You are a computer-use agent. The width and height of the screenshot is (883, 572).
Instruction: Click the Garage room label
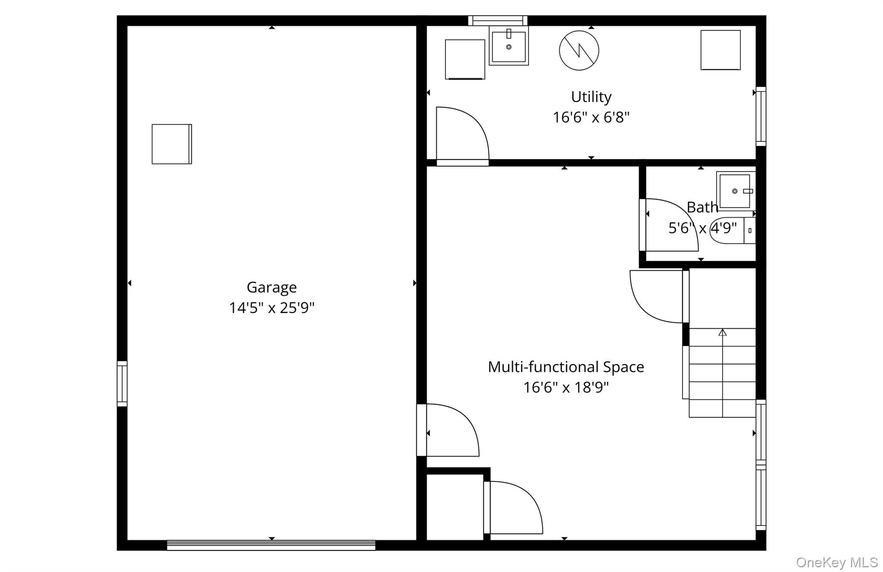(x=271, y=287)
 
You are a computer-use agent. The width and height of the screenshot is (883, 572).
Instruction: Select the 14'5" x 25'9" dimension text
(x=271, y=308)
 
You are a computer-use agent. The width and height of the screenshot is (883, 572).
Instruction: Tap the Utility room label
(x=591, y=97)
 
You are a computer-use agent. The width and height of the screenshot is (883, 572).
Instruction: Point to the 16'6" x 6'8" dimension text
(x=591, y=117)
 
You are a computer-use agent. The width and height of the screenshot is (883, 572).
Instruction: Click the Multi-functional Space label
(x=566, y=367)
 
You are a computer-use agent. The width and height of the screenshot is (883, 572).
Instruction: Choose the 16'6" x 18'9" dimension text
(x=566, y=387)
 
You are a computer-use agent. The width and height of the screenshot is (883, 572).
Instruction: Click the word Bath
(x=702, y=207)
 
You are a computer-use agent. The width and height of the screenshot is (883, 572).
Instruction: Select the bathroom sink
(x=736, y=191)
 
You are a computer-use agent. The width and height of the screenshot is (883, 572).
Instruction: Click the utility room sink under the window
(x=509, y=46)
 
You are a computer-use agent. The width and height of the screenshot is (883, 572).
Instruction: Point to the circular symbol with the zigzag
(x=579, y=50)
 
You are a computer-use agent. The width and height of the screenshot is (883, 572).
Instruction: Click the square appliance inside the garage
(x=172, y=144)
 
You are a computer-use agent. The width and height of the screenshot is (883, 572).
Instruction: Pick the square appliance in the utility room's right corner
(x=720, y=50)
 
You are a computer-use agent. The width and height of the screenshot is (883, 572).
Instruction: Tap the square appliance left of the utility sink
(x=465, y=59)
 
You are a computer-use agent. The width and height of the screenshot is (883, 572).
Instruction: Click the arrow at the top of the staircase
(x=722, y=332)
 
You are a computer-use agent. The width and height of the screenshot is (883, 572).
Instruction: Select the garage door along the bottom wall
(x=271, y=545)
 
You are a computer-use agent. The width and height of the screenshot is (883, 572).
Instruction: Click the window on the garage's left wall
(x=122, y=384)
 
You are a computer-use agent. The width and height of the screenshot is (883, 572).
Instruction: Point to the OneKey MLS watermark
(x=836, y=562)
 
